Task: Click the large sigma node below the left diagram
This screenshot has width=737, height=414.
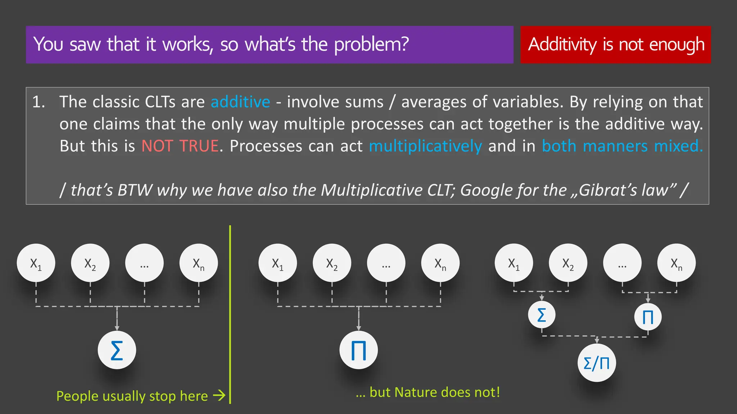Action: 117,350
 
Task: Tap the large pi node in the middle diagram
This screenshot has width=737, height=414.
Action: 358,350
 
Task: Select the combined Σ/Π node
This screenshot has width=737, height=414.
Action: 597,363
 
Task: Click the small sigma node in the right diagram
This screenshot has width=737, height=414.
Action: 542,315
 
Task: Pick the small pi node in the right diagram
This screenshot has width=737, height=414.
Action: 648,317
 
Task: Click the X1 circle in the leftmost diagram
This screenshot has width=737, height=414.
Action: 36,263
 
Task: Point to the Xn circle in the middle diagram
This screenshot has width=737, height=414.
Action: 440,263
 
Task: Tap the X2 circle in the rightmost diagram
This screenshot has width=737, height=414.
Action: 568,263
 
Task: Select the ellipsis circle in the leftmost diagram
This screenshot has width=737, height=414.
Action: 144,263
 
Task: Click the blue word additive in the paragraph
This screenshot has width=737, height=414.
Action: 240,102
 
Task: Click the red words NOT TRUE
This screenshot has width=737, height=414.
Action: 180,146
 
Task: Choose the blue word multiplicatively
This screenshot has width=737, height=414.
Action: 425,146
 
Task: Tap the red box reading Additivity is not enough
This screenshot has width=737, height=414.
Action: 616,45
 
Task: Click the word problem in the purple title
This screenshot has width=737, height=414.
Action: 371,45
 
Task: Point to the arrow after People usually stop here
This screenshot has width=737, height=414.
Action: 219,396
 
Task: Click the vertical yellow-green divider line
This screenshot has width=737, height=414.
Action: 230,315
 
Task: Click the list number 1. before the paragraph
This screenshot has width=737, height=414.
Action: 39,102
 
